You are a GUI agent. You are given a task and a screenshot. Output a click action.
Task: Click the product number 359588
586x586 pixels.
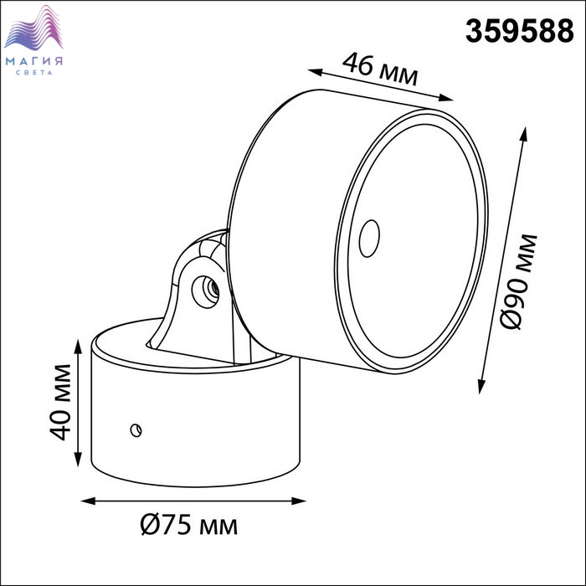pos(519,31)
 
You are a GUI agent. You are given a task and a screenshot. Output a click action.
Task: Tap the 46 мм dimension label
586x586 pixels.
pos(380,69)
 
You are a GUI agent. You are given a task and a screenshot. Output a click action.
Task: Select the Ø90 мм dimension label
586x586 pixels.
pos(518,282)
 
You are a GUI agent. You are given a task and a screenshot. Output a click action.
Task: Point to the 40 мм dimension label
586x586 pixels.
pos(60,402)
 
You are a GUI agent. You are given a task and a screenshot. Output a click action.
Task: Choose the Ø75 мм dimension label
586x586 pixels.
pos(188,525)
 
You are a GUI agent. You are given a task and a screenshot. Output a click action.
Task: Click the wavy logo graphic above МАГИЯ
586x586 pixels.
pos(33,28)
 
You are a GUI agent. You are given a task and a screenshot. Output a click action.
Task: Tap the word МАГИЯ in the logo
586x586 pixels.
pos(34,61)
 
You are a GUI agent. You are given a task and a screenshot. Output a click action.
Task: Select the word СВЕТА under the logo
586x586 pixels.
pos(34,73)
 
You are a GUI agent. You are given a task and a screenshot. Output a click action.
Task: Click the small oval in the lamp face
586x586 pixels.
pos(369,239)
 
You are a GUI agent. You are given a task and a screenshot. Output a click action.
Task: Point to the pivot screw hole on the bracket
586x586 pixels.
pos(205,291)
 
